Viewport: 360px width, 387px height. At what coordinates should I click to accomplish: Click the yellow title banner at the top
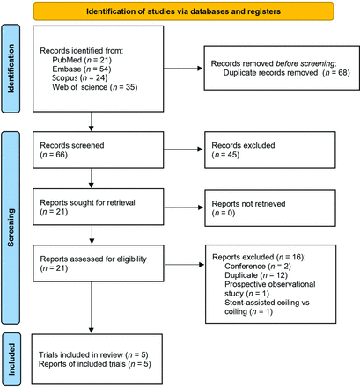pos(183,11)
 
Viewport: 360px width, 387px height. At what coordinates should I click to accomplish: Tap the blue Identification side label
pos(11,69)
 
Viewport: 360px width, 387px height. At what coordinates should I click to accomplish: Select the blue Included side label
pos(11,359)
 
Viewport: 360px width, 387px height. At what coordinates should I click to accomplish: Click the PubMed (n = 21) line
pos(82,60)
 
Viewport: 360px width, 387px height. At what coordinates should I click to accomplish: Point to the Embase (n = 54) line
pos(82,69)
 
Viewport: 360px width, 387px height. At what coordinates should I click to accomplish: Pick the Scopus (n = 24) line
pos(80,78)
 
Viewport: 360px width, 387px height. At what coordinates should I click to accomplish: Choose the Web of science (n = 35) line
pos(95,87)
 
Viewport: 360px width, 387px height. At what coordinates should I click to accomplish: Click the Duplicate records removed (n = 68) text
pos(287,73)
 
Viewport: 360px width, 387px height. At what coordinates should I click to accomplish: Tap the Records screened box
pos(99,150)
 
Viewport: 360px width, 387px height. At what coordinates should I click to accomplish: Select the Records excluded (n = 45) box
pos(270,150)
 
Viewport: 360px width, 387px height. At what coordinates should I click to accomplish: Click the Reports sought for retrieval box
pos(99,207)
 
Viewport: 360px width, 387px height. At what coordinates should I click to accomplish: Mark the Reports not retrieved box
pos(270,208)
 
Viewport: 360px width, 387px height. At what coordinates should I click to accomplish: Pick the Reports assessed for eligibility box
pos(99,263)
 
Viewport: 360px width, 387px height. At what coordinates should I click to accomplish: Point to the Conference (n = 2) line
pos(258,267)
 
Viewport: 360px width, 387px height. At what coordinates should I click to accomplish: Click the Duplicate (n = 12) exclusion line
pos(256,275)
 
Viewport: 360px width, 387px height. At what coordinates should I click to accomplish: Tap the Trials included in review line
pos(93,355)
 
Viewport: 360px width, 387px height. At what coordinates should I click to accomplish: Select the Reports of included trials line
pos(95,364)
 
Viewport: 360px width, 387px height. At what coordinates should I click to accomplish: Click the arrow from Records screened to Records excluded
pos(183,150)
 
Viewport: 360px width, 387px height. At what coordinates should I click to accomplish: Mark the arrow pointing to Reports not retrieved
pos(184,208)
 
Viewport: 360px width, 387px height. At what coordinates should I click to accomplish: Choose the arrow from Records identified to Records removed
pos(183,69)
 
